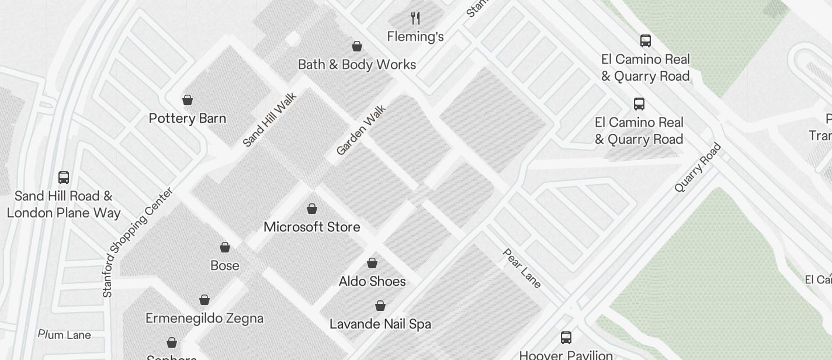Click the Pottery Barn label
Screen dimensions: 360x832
pyautogui.click(x=187, y=118)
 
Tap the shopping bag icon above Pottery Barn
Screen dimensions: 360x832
pyautogui.click(x=188, y=100)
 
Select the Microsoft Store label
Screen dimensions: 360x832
pyautogui.click(x=312, y=227)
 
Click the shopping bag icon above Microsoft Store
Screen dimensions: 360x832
pyautogui.click(x=312, y=209)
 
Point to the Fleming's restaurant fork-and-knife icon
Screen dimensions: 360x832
pyautogui.click(x=415, y=18)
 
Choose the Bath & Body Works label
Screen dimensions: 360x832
pyautogui.click(x=357, y=64)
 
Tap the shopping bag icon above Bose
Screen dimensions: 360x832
pyautogui.click(x=225, y=247)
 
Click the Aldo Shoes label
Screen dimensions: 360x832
pyautogui.click(x=372, y=281)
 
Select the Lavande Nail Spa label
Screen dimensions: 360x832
pyautogui.click(x=380, y=324)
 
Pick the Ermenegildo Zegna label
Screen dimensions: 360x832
pyautogui.click(x=204, y=318)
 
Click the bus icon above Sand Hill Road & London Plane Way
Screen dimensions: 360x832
pyautogui.click(x=64, y=177)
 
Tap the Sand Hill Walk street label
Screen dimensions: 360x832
pyautogui.click(x=270, y=120)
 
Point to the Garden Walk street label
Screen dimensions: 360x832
pyautogui.click(x=361, y=130)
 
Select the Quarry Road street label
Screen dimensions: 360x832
pyautogui.click(x=698, y=167)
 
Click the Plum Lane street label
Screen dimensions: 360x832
pyautogui.click(x=65, y=335)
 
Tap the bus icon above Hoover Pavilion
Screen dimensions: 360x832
pyautogui.click(x=566, y=337)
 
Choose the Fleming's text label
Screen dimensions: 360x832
pyautogui.click(x=415, y=36)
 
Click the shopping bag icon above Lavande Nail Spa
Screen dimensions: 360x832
pyautogui.click(x=380, y=306)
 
